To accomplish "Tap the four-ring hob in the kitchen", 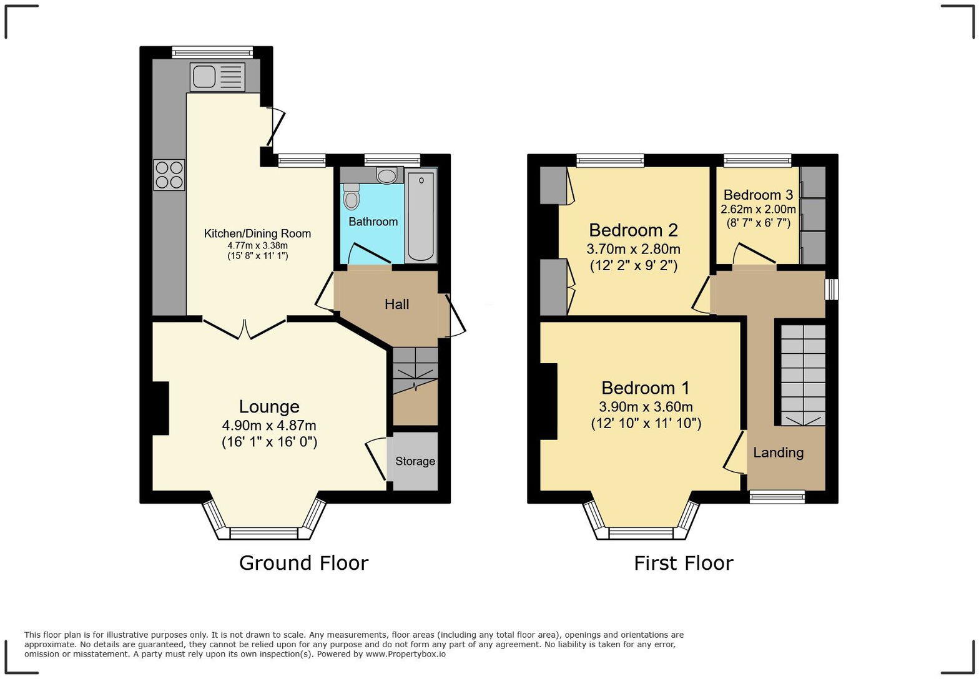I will click(169, 175).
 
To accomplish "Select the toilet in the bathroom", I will click(352, 198).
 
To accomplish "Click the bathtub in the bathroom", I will click(421, 217).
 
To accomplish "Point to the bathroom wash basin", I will click(387, 175).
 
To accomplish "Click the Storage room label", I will click(415, 461).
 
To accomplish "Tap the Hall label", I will click(396, 304).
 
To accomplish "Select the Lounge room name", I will click(269, 407).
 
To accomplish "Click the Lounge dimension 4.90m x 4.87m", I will click(269, 426).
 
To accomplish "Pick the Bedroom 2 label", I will click(633, 230).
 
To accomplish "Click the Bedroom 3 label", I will click(758, 195).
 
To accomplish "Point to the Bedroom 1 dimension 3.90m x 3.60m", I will click(646, 407).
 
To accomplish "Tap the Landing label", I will click(778, 452).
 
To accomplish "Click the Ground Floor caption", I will click(303, 563).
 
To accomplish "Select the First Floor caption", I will click(683, 563).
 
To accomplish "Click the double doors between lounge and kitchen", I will click(245, 329).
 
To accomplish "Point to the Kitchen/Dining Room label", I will click(257, 233).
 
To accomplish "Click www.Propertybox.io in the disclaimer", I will click(405, 654).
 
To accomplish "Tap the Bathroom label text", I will click(373, 222).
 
